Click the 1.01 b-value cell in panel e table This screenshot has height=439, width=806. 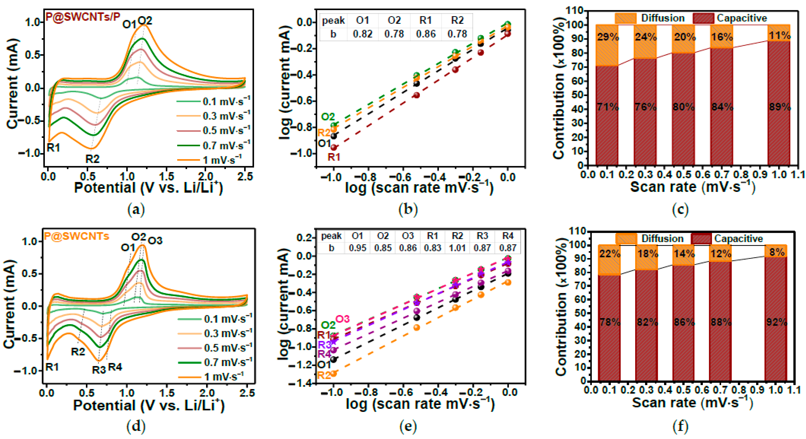click(x=457, y=248)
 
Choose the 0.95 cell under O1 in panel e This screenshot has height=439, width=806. click(x=357, y=248)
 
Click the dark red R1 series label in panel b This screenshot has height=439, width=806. click(x=334, y=157)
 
